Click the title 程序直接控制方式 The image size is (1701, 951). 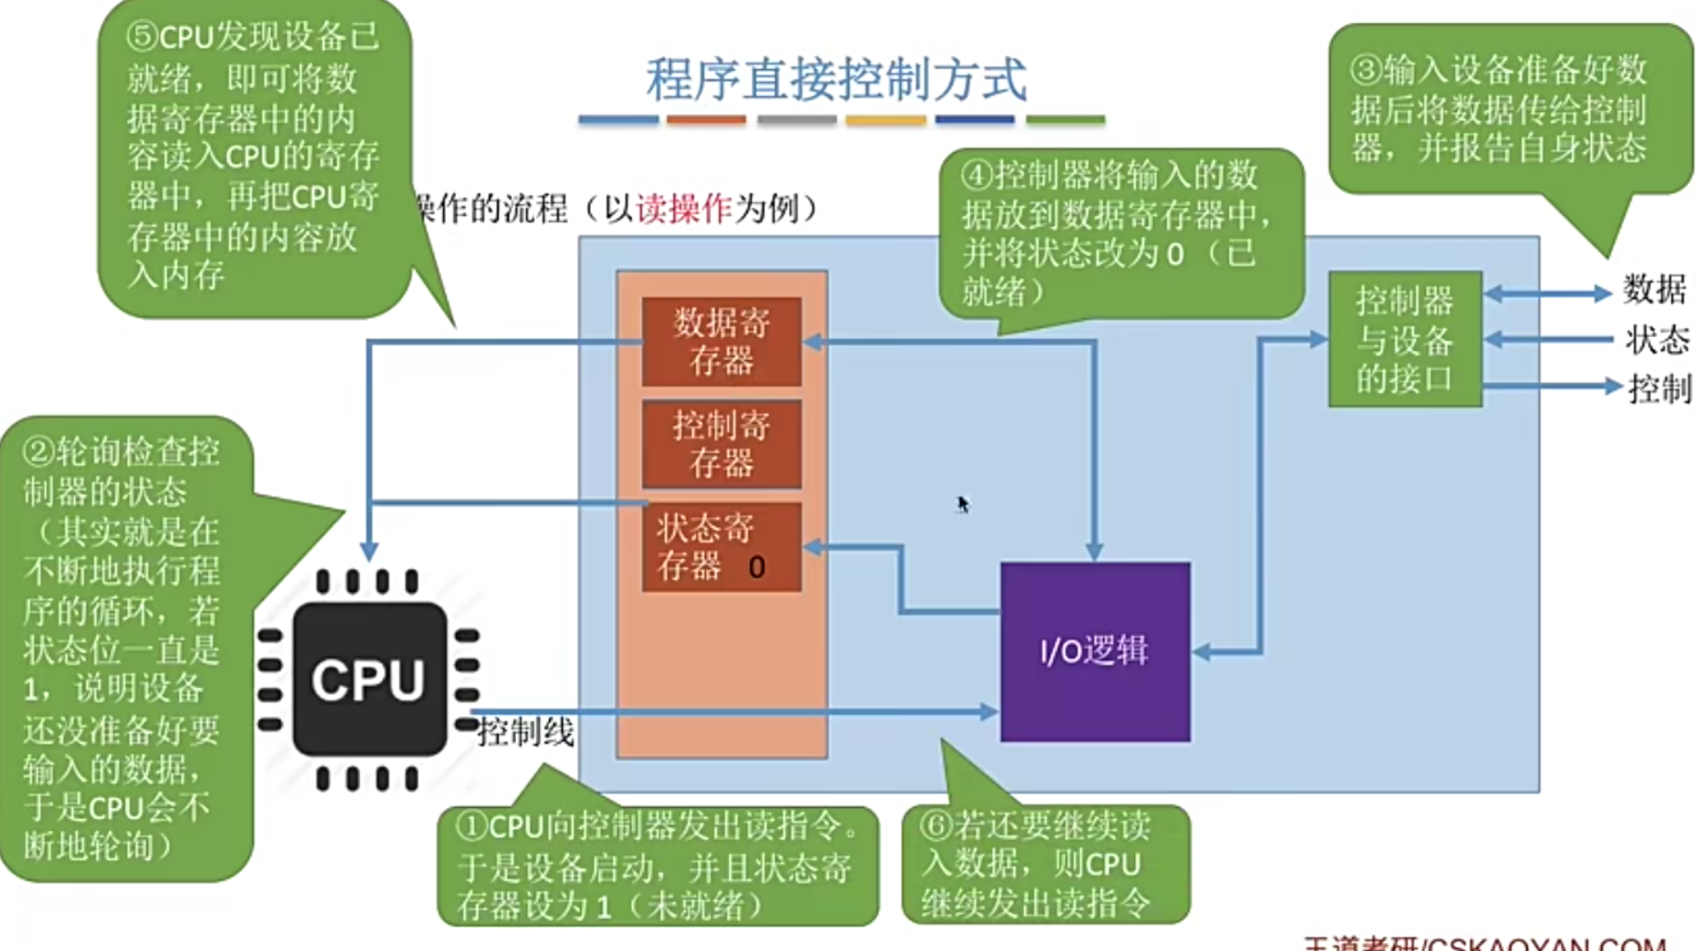click(836, 79)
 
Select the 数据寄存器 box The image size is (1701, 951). click(722, 342)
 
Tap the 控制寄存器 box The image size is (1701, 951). click(722, 444)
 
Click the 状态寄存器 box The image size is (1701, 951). click(722, 547)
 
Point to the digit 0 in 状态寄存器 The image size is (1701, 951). click(757, 567)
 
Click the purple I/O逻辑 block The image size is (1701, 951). click(1095, 651)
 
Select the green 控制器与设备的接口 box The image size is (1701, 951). click(1405, 340)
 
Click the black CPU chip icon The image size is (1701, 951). click(369, 680)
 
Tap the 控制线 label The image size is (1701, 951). click(526, 732)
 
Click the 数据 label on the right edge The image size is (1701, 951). click(1654, 290)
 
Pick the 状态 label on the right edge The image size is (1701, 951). click(1657, 340)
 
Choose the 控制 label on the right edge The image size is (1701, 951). click(1659, 389)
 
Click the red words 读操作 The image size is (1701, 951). click(684, 210)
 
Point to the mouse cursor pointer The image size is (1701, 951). click(963, 504)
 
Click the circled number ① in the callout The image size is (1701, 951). click(472, 825)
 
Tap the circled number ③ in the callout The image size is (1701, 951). click(1366, 70)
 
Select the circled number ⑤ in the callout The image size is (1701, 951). click(143, 37)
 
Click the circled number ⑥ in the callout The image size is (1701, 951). click(936, 825)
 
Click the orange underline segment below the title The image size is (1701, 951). click(706, 120)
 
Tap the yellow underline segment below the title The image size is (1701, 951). click(885, 120)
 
